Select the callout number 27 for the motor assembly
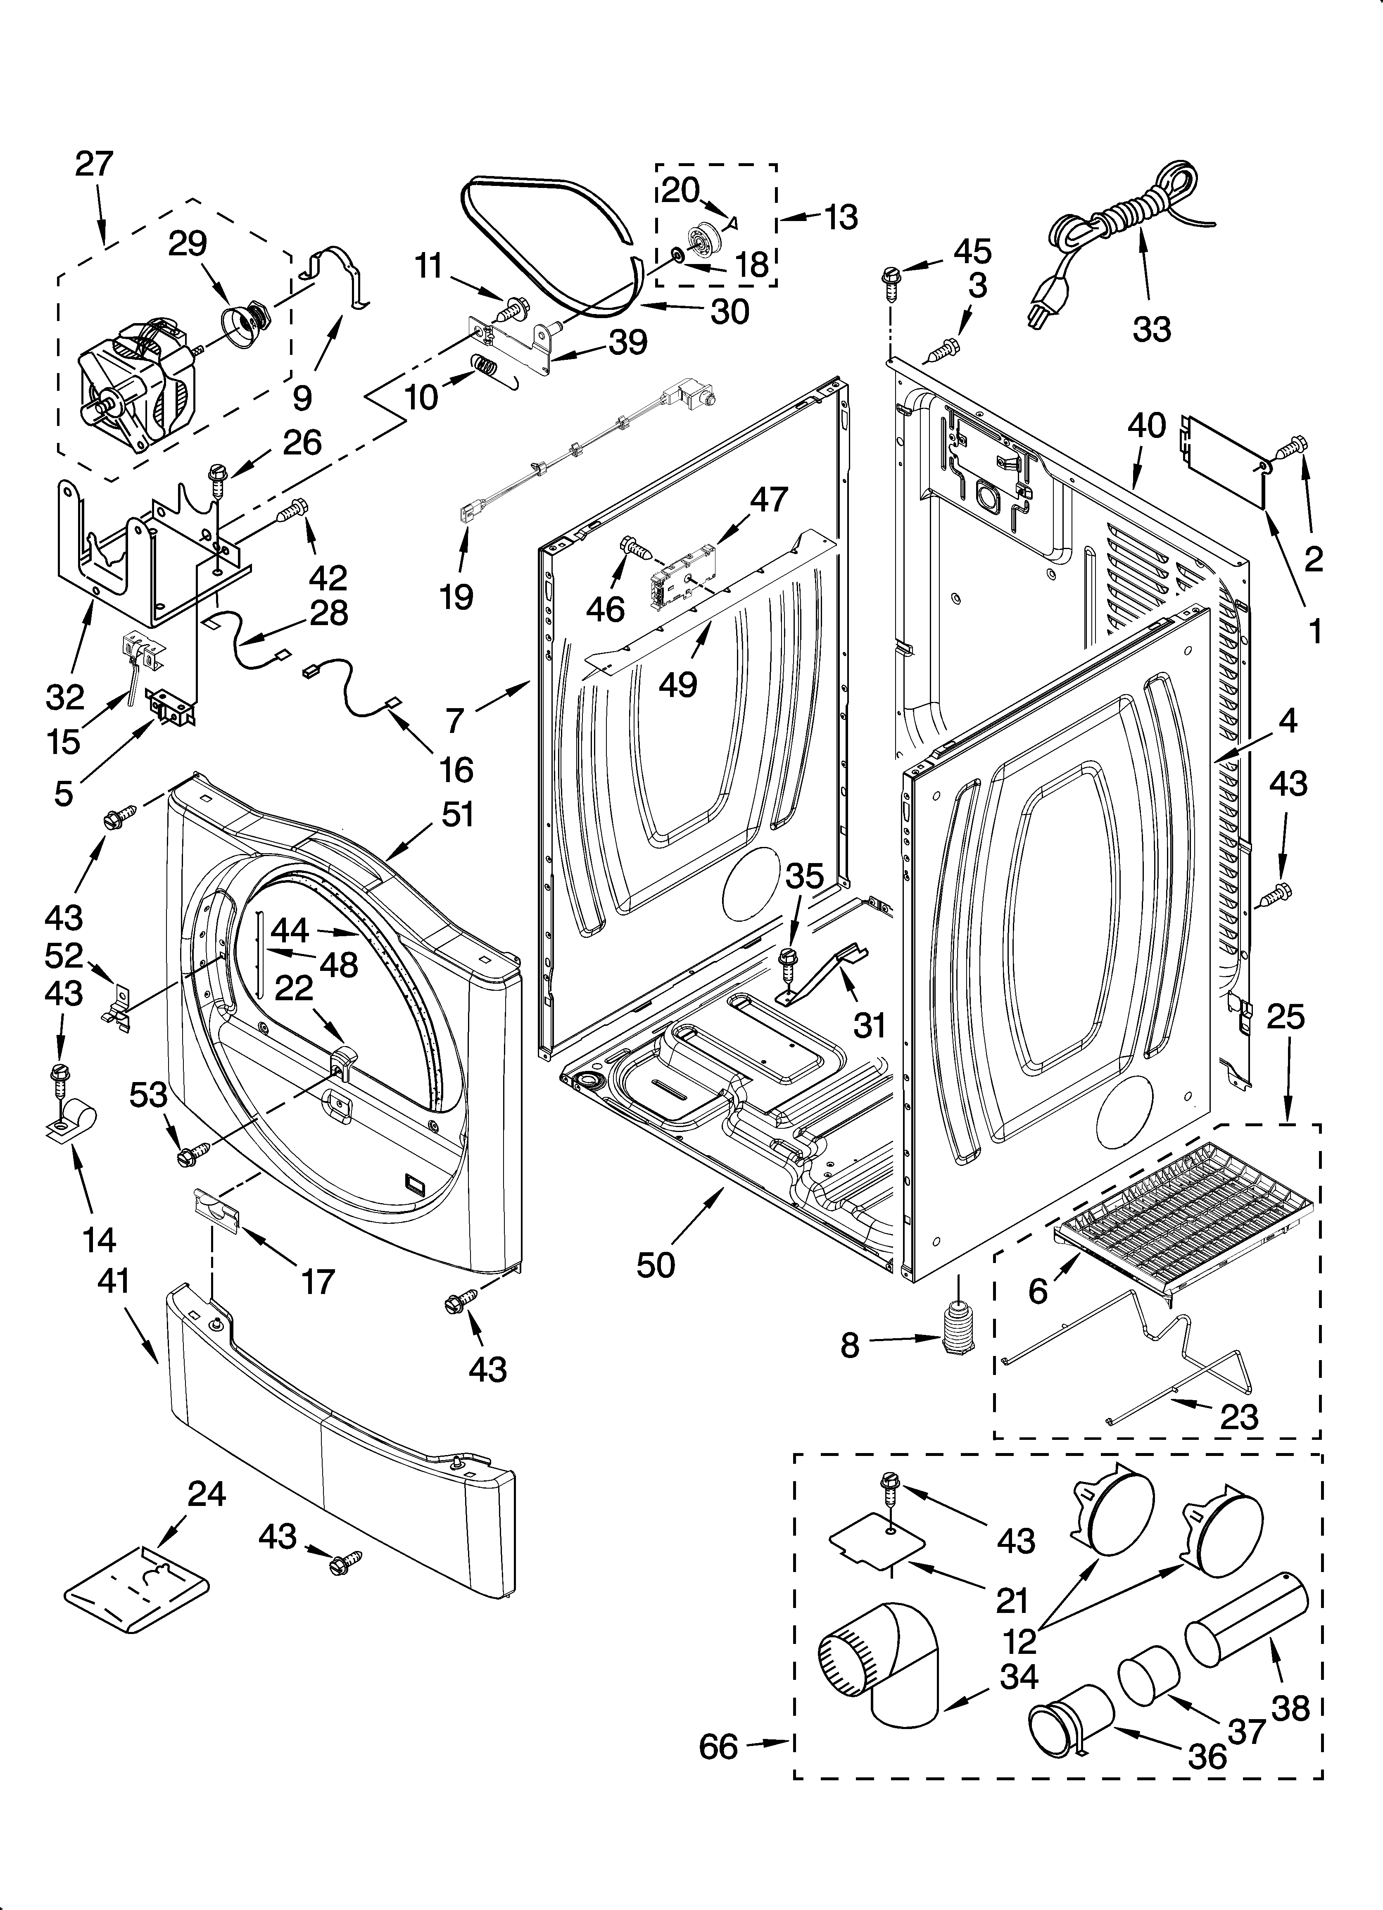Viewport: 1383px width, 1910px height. click(x=93, y=163)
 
